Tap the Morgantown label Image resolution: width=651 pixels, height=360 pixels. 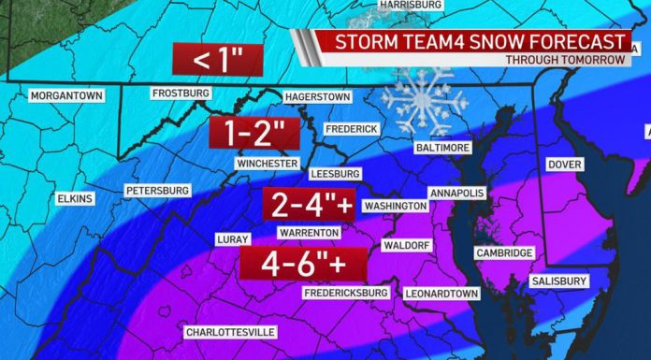click(x=65, y=95)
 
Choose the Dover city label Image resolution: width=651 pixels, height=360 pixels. click(x=564, y=165)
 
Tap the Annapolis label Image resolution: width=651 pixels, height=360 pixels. click(x=456, y=193)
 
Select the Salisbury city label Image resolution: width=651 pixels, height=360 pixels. click(x=558, y=281)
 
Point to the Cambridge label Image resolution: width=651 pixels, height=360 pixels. click(x=504, y=252)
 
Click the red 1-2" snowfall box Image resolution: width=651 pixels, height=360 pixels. click(x=252, y=133)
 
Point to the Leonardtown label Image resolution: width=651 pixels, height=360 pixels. click(x=441, y=294)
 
